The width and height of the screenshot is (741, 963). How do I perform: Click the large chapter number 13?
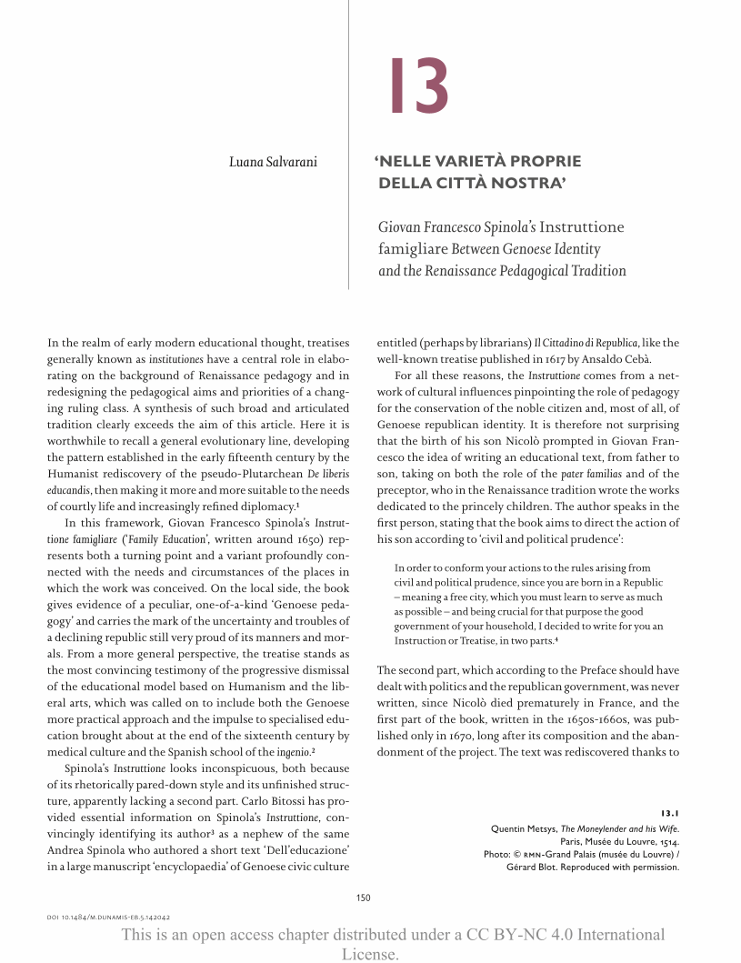point(418,87)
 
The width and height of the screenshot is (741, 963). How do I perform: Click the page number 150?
point(364,898)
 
